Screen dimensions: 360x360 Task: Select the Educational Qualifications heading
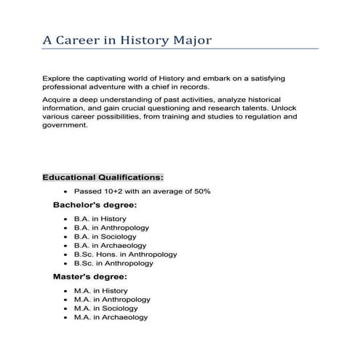(x=103, y=177)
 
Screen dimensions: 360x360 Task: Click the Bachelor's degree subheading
(x=95, y=205)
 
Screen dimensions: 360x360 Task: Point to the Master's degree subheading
(x=89, y=277)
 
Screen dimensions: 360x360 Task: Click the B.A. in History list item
(x=100, y=219)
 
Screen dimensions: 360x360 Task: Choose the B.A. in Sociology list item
(x=104, y=236)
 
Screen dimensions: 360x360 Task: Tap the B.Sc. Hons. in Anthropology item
(x=125, y=255)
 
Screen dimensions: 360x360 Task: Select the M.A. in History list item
(x=100, y=291)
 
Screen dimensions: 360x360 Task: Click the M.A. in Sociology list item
(x=105, y=308)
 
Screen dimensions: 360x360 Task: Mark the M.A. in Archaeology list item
(x=111, y=317)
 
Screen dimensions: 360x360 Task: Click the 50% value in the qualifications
(x=201, y=191)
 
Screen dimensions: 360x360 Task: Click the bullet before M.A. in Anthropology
(x=65, y=300)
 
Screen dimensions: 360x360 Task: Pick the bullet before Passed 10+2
(x=65, y=191)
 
